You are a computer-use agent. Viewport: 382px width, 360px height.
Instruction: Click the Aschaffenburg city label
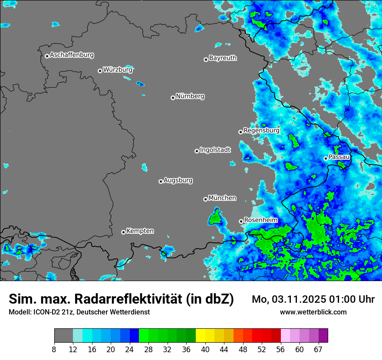tap(72, 55)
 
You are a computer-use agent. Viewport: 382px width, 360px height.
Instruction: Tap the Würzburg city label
tap(118, 69)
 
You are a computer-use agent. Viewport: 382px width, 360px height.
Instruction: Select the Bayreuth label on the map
tap(223, 58)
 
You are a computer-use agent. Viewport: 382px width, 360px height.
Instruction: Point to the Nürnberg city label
tap(190, 96)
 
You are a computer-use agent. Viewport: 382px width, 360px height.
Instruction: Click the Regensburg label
tap(261, 131)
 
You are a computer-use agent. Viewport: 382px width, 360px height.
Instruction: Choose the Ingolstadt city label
tap(215, 150)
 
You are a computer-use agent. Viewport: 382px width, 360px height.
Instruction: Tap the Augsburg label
tap(178, 180)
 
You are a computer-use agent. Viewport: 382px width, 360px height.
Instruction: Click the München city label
tap(222, 198)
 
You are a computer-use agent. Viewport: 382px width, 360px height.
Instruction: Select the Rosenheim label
tap(260, 220)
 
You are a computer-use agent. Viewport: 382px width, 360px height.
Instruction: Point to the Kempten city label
tap(140, 231)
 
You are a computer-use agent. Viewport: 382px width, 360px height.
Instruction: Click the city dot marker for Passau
tap(326, 158)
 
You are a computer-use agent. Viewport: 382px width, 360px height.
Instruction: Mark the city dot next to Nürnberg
tap(173, 98)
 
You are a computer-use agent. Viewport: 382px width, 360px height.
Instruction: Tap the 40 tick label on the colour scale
tap(205, 350)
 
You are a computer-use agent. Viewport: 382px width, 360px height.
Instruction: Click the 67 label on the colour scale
tap(318, 350)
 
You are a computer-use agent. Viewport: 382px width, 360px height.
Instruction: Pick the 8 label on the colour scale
tap(54, 350)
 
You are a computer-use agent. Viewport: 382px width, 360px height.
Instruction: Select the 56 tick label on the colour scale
tap(281, 350)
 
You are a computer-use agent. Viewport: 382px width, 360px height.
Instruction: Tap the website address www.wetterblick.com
tap(313, 312)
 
